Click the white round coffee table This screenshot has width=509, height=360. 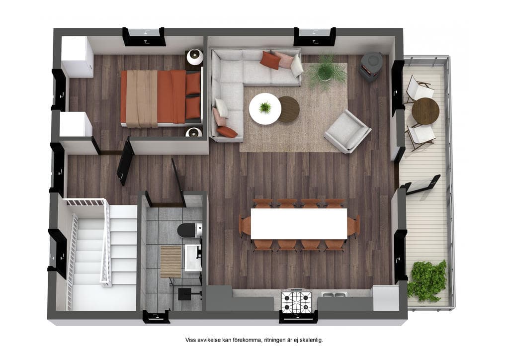coord(265,109)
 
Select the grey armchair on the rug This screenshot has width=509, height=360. coord(347,131)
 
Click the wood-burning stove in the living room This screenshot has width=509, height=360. coord(371,67)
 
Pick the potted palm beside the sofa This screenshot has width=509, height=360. coord(326,71)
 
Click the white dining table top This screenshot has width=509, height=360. coord(299,224)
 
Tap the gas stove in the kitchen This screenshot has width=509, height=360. coord(296,301)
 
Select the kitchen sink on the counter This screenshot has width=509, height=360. coord(334,295)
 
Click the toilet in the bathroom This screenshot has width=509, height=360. coord(189,230)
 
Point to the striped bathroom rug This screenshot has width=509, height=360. coord(171,262)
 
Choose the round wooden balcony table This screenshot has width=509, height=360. coord(425,111)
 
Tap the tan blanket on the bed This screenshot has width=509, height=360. coord(142,98)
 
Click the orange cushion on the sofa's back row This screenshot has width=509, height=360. coord(270,60)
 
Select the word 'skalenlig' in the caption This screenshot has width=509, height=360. coord(311,340)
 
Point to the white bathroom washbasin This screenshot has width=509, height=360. coord(193,258)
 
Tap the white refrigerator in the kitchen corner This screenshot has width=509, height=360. coord(386,298)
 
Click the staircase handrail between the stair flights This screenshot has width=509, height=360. coord(106,242)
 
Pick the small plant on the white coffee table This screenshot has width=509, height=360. coord(265,107)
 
